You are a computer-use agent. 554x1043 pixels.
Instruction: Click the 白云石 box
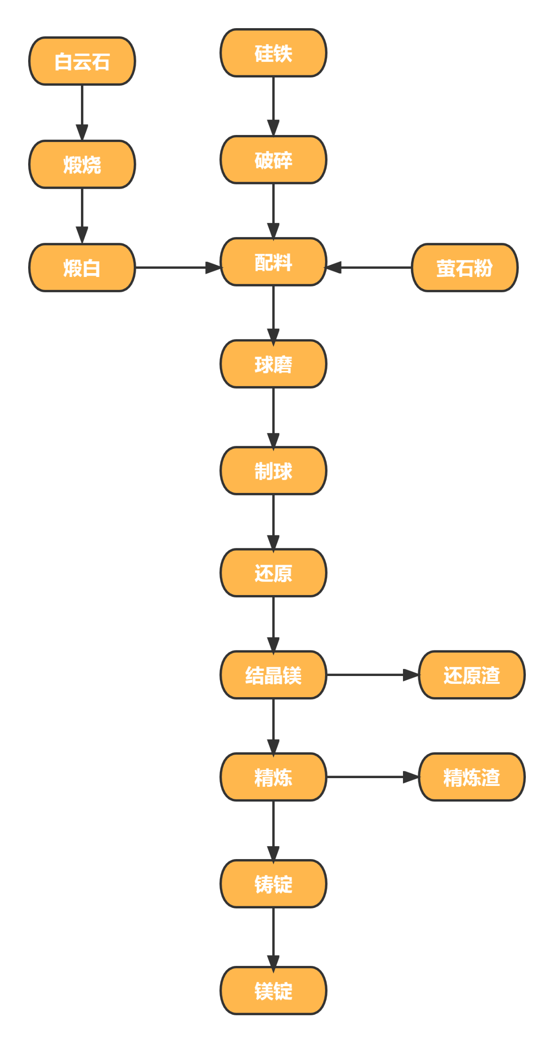(x=82, y=61)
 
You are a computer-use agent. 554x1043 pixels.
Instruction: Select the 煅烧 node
(x=82, y=164)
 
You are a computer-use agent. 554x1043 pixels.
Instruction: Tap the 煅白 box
(x=82, y=267)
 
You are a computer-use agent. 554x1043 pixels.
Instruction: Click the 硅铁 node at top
(x=273, y=53)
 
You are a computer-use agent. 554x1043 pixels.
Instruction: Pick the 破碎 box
(x=273, y=160)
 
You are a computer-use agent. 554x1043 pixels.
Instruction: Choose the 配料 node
(x=273, y=262)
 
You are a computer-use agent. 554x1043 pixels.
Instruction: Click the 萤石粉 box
(x=464, y=267)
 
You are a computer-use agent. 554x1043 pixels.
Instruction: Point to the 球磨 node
(x=273, y=364)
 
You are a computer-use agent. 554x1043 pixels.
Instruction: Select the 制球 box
(x=273, y=470)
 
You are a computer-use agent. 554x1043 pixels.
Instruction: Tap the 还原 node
(x=273, y=573)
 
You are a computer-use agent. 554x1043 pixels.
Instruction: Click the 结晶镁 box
(x=273, y=675)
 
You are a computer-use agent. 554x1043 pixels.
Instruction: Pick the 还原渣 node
(x=471, y=675)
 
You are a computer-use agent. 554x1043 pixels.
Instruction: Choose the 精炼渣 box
(x=471, y=777)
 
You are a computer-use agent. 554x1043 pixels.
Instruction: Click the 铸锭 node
(x=273, y=883)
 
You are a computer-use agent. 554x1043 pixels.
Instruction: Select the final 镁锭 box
(x=273, y=990)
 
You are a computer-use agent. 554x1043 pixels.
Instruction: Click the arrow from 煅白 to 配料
(x=177, y=267)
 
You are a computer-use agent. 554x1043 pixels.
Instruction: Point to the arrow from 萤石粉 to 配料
(x=368, y=267)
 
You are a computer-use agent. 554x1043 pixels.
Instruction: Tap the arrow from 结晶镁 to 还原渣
(x=372, y=675)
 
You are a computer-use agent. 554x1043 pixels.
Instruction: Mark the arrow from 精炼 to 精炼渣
(x=372, y=777)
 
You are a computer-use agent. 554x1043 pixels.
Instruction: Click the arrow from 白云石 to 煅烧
(x=82, y=113)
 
